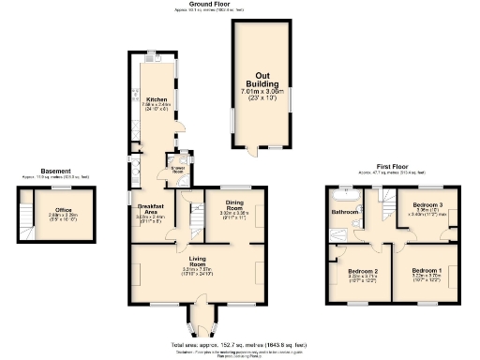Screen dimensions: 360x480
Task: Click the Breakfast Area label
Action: [x=151, y=209]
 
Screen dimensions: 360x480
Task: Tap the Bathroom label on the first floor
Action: [x=344, y=212]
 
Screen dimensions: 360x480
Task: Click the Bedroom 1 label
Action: [x=428, y=270]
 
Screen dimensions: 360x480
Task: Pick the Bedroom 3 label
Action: [x=428, y=204]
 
